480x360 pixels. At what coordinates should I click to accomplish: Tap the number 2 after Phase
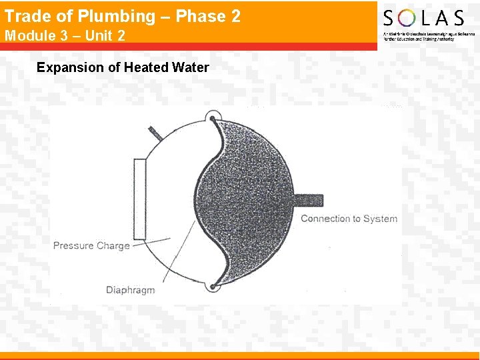(234, 16)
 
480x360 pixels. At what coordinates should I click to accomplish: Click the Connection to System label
(349, 219)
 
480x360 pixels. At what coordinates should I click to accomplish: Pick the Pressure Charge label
(91, 245)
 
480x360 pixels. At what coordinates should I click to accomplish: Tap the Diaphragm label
(130, 289)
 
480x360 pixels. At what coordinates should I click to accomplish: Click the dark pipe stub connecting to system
(307, 200)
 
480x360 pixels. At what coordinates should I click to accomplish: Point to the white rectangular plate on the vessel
(139, 199)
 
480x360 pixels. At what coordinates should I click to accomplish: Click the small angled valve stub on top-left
(155, 132)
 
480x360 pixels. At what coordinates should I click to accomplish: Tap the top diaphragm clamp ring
(213, 117)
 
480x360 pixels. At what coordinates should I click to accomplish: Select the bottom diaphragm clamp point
(212, 287)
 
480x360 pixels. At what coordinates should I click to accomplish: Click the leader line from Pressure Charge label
(149, 242)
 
